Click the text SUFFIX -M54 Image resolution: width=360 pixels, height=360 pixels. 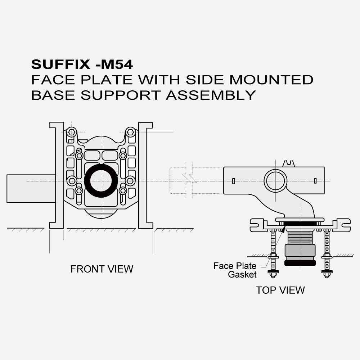tap(82, 64)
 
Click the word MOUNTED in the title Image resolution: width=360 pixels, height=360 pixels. tap(271, 80)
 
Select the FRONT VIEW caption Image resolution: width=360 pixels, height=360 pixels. tap(102, 269)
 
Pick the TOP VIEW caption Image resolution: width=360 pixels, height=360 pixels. tap(280, 290)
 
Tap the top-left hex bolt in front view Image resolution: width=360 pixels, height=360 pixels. tap(72, 132)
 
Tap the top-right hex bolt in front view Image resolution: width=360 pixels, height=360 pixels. tap(130, 132)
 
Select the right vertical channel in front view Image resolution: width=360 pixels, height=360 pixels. tap(147, 176)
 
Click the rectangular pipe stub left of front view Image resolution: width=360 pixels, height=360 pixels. tap(31, 188)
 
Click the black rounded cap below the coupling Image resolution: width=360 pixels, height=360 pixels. tap(300, 263)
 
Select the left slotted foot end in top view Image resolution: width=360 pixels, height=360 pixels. tap(256, 225)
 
